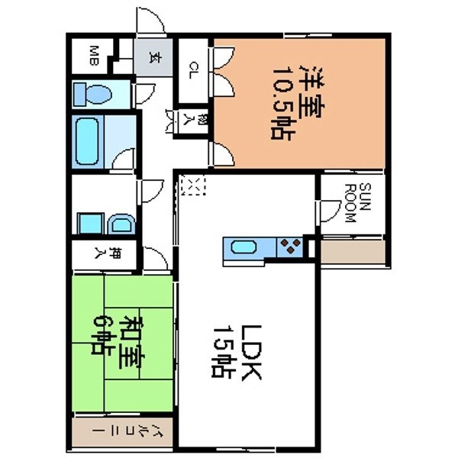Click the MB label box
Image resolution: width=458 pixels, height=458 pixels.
pyautogui.click(x=92, y=55)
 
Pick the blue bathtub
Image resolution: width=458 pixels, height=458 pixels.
pyautogui.click(x=88, y=142)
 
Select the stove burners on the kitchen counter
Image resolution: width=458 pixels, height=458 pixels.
pyautogui.click(x=290, y=247)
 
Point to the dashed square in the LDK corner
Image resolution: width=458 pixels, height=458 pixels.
pyautogui.click(x=195, y=186)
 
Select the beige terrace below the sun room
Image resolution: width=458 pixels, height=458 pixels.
pyautogui.click(x=352, y=252)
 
